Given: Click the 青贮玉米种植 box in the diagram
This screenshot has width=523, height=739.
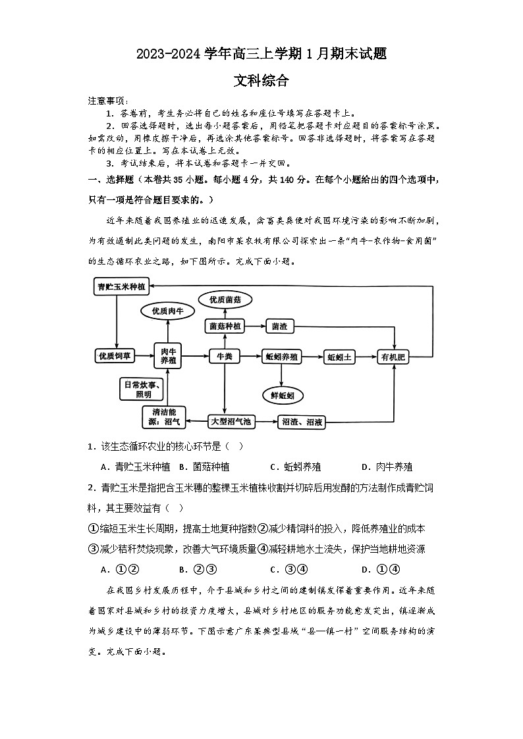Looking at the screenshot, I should point(121,286).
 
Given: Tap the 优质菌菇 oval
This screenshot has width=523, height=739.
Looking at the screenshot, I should point(225,300).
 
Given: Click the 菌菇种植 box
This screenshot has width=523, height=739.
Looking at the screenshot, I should point(225,326).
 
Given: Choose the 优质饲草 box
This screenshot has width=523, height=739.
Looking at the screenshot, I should point(115,356).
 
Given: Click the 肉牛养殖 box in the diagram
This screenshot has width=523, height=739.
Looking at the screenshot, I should point(167,356).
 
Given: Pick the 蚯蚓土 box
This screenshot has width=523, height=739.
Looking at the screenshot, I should point(341,356).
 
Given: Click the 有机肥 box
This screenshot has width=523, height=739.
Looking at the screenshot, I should point(395,356).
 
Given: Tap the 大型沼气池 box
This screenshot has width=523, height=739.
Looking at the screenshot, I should point(230,421).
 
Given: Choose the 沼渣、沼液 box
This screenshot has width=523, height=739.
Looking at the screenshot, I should point(302,421).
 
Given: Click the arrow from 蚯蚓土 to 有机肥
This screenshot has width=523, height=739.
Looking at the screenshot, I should point(367,356).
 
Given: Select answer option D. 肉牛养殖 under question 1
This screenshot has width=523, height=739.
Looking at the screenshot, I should point(387,467).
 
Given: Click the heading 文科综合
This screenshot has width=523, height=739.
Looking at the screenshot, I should point(261,81).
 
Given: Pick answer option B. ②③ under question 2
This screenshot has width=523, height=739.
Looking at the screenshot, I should point(198,569).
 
